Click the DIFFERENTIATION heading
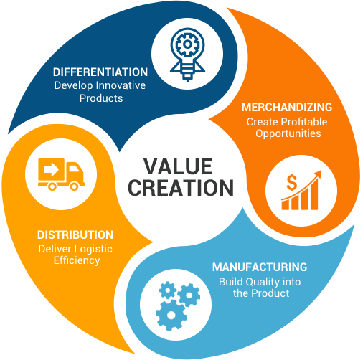coord(100,72)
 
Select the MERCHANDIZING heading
coord(287,107)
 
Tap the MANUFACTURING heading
coord(260,267)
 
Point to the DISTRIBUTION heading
coord(75,235)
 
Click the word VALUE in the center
coord(178,166)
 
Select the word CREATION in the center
coord(181,188)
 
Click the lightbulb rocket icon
coord(187,55)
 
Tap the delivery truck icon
coord(62,174)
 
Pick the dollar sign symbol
coord(292,182)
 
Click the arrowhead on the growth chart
coord(319,174)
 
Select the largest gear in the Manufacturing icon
coord(171,316)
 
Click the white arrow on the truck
coord(51,169)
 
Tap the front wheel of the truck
coord(74,186)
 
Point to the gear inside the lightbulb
coord(187,44)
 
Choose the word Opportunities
coord(288,134)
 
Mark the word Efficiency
coord(77,261)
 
